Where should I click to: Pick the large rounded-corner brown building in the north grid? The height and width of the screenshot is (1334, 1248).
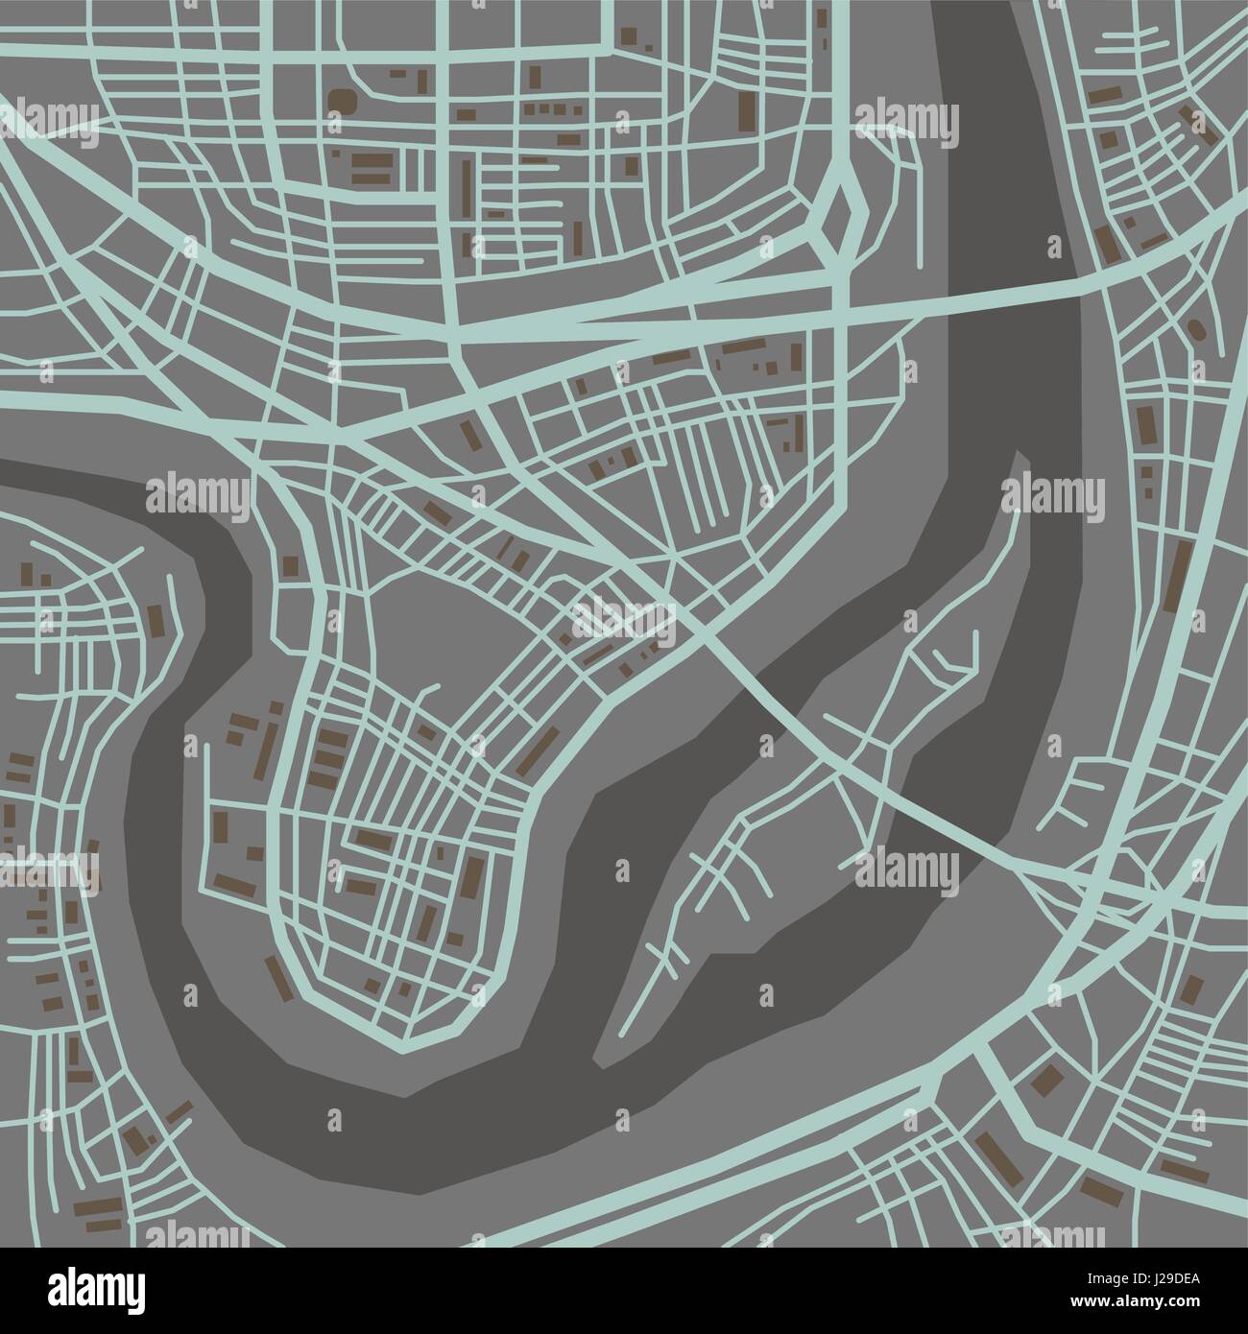pyautogui.click(x=343, y=102)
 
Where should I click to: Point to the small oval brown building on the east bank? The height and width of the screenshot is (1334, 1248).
pyautogui.click(x=1196, y=329)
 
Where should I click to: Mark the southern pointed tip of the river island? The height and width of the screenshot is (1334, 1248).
pyautogui.click(x=600, y=1060)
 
